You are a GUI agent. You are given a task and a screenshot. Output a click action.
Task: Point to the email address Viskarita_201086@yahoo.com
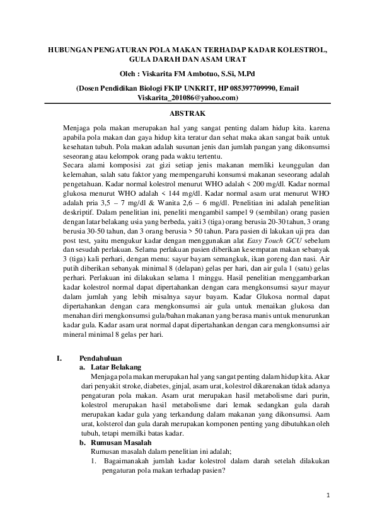click(187, 98)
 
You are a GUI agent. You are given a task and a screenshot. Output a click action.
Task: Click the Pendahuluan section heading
click(105, 358)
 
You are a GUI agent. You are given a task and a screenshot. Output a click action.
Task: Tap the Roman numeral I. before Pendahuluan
click(59, 358)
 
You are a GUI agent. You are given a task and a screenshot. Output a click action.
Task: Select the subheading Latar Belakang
click(115, 366)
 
